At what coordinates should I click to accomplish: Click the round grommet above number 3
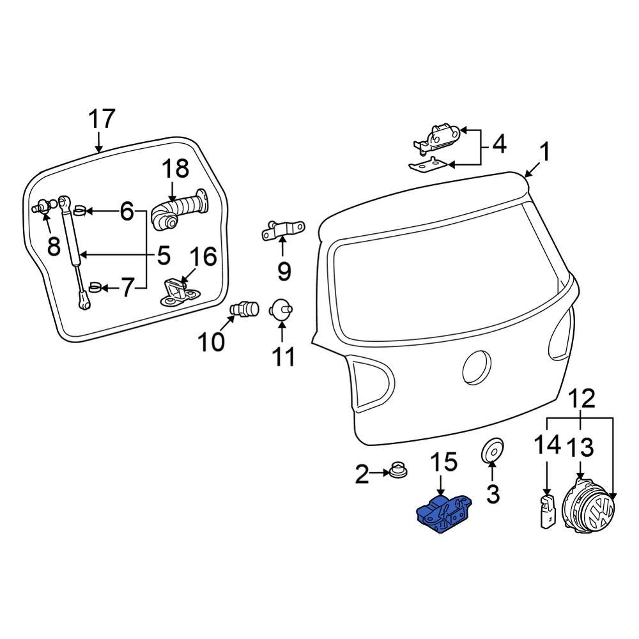[x=492, y=451]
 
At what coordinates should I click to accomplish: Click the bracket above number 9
[x=282, y=231]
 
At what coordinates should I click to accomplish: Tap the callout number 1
[x=544, y=153]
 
